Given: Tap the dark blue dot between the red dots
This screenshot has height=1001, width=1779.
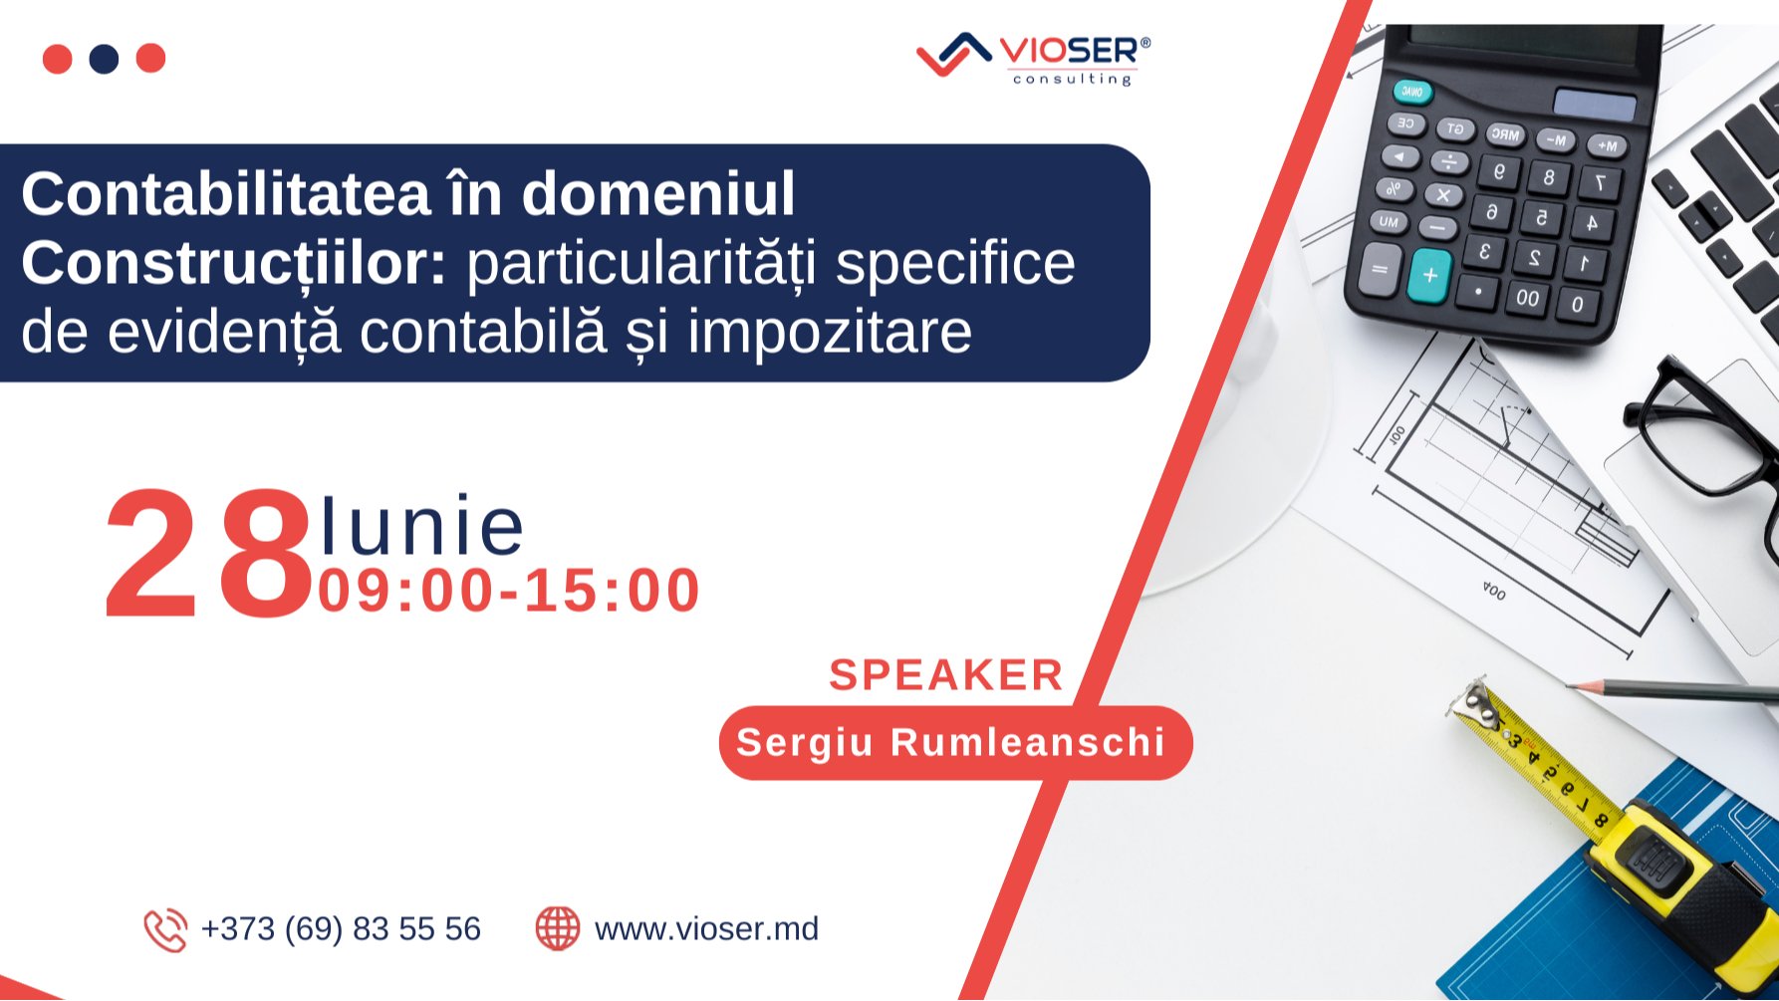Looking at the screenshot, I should pyautogui.click(x=104, y=59).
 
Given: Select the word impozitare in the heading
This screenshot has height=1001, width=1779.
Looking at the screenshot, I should pyautogui.click(x=829, y=332).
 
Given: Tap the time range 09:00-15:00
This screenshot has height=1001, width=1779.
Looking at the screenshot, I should pyautogui.click(x=509, y=591).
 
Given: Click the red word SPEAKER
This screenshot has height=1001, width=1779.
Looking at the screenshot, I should pyautogui.click(x=945, y=675).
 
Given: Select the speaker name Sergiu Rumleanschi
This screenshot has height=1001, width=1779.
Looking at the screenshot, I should pyautogui.click(x=951, y=743).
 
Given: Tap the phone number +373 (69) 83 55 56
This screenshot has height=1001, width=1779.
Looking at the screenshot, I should pyautogui.click(x=341, y=929).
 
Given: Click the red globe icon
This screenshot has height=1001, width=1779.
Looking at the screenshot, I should pyautogui.click(x=557, y=928).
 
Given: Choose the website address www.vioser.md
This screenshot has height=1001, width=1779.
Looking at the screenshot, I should pyautogui.click(x=706, y=929).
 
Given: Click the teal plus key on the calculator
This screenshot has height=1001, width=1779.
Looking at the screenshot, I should pyautogui.click(x=1430, y=275).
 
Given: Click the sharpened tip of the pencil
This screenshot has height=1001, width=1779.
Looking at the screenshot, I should pyautogui.click(x=1572, y=686).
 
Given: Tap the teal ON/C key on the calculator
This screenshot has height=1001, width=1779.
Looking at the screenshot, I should pyautogui.click(x=1412, y=93).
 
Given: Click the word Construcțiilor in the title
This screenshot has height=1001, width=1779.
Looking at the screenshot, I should pyautogui.click(x=233, y=263).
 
